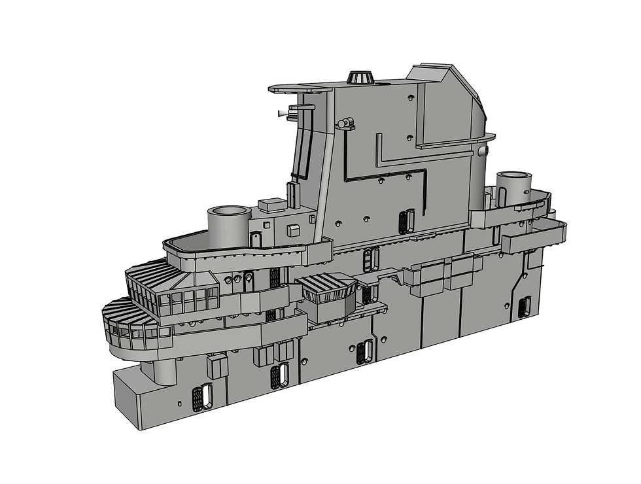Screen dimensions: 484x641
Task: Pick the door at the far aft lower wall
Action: click(524, 305)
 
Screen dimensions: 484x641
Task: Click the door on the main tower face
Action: click(403, 220)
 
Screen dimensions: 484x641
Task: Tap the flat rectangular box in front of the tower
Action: click(271, 205)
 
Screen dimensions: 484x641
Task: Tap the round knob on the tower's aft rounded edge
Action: click(483, 151)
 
